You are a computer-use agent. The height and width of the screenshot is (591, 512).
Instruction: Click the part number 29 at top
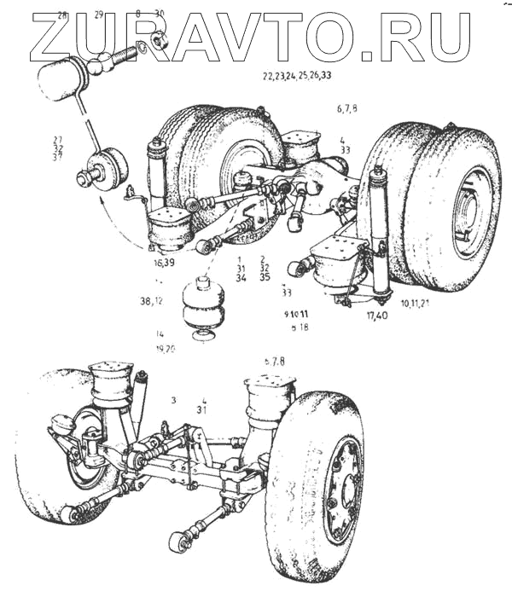pyautogui.click(x=99, y=15)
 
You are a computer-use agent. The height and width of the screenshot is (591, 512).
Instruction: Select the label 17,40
pyautogui.click(x=377, y=317)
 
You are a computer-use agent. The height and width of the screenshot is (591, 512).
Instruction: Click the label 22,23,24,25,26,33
pyautogui.click(x=297, y=75)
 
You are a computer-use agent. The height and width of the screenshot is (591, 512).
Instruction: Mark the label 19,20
pyautogui.click(x=165, y=349)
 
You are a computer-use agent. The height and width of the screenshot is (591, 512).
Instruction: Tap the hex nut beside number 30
pyautogui.click(x=158, y=39)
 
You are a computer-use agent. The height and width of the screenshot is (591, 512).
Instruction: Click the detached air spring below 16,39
pyautogui.click(x=202, y=309)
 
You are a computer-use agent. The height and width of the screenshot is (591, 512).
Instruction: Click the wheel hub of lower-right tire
pyautogui.click(x=346, y=492)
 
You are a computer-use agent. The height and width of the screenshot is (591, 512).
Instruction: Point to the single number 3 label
pyautogui.click(x=173, y=399)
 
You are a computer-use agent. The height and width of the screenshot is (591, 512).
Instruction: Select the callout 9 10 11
pyautogui.click(x=296, y=315)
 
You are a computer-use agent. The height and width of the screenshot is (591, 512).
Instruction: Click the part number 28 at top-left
pyautogui.click(x=62, y=15)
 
